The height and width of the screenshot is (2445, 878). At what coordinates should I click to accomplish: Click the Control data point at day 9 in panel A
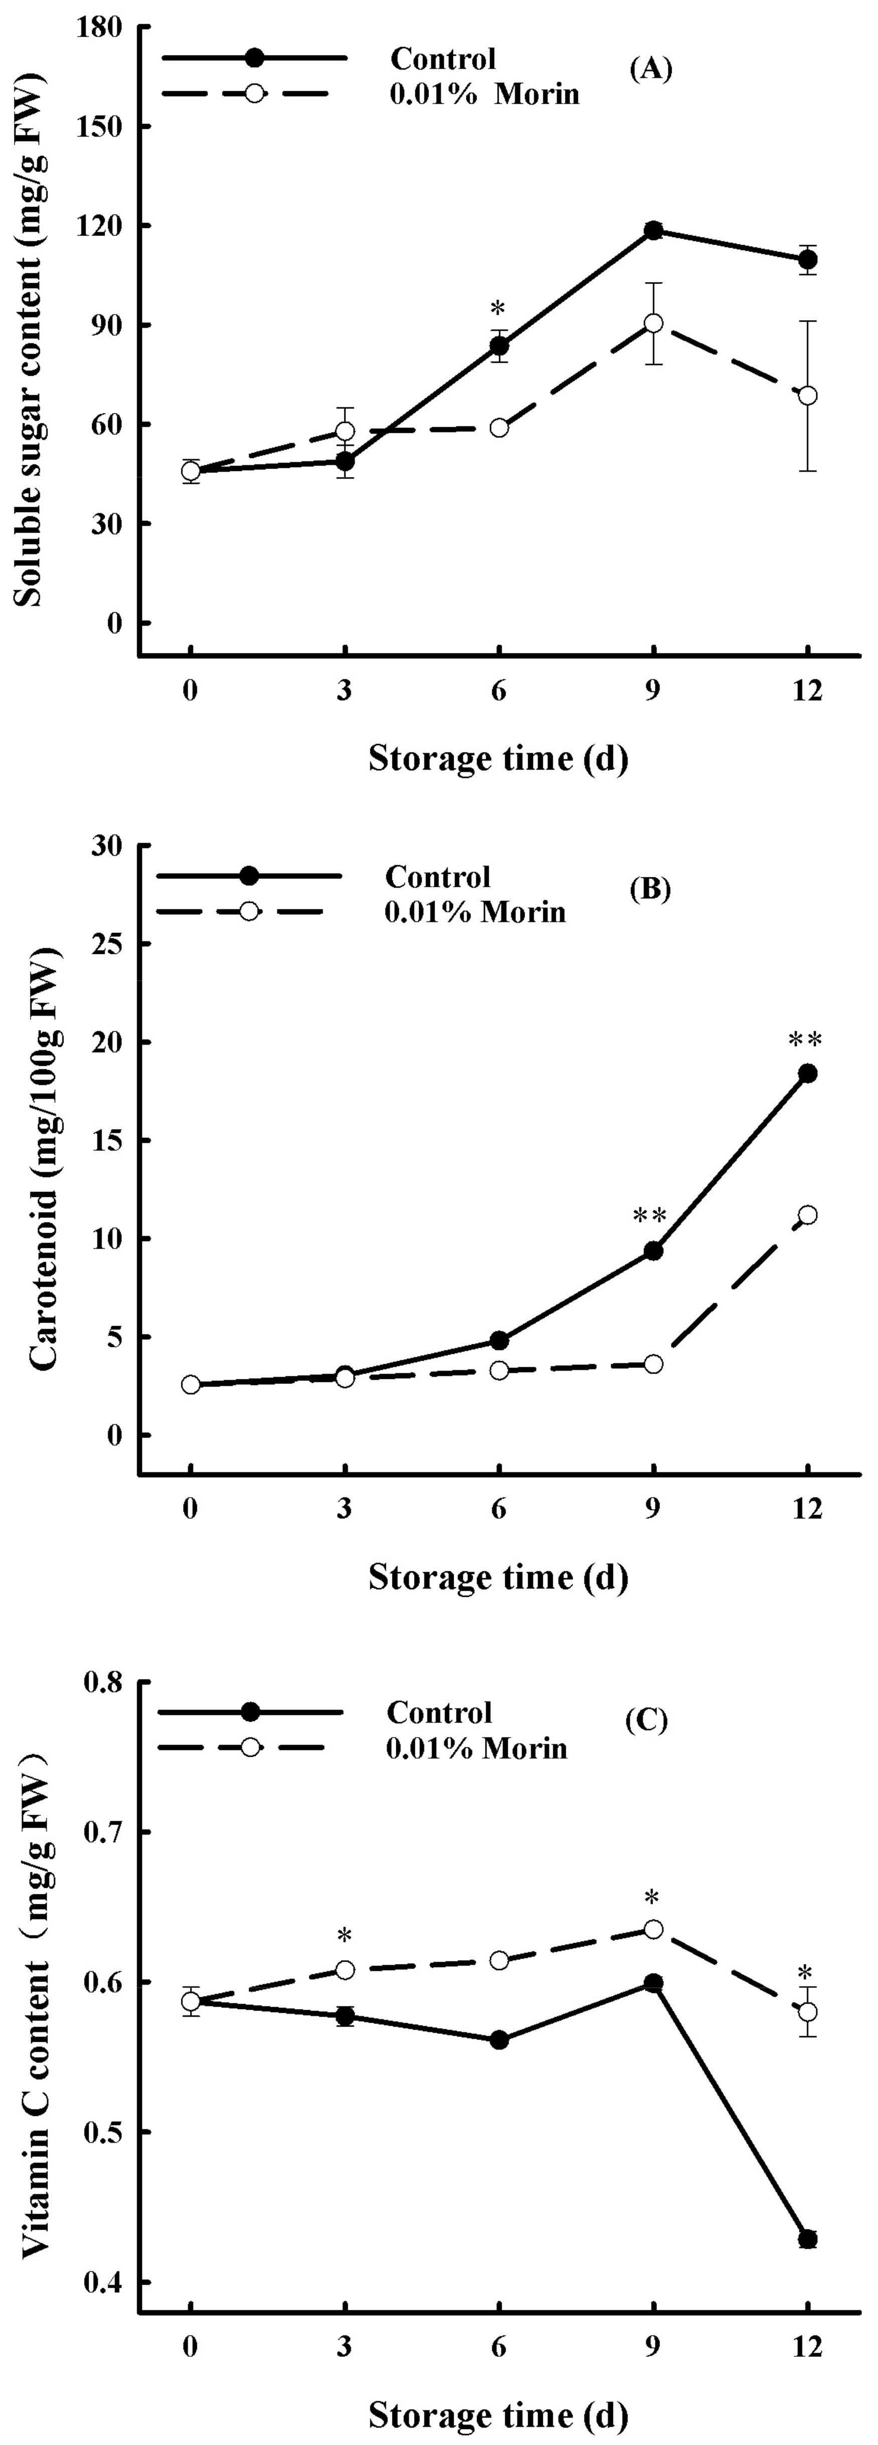point(653,230)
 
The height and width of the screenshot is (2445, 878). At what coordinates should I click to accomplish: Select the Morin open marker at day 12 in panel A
point(808,395)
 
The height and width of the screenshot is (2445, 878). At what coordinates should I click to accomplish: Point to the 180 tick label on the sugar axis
point(103,28)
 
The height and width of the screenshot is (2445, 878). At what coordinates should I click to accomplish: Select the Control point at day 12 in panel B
point(808,1074)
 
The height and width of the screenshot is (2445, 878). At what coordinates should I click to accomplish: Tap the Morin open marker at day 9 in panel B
point(653,1364)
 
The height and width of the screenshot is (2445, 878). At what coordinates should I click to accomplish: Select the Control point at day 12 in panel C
point(808,2239)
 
